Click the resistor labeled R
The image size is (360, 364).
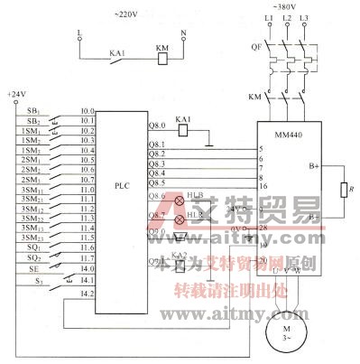342,191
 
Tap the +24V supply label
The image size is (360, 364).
16,94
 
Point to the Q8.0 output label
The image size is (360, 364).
156,125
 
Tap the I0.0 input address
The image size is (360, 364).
87,111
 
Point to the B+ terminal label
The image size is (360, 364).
313,166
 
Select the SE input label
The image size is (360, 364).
32,267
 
